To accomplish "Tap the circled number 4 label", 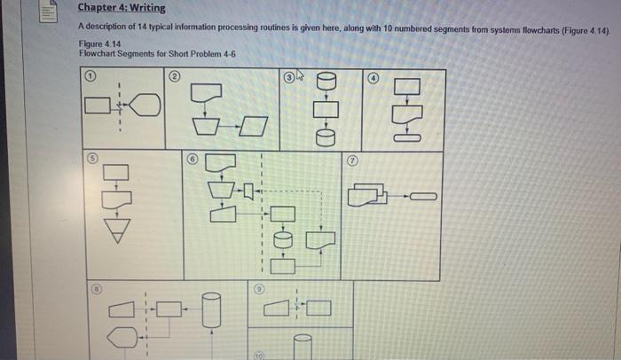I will click(x=373, y=78).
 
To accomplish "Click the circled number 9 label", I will click(x=259, y=290).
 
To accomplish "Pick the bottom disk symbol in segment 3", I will click(x=325, y=136).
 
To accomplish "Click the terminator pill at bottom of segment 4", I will click(x=409, y=137).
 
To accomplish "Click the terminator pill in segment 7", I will click(x=424, y=196).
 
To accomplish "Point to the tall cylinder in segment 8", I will click(x=210, y=312).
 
